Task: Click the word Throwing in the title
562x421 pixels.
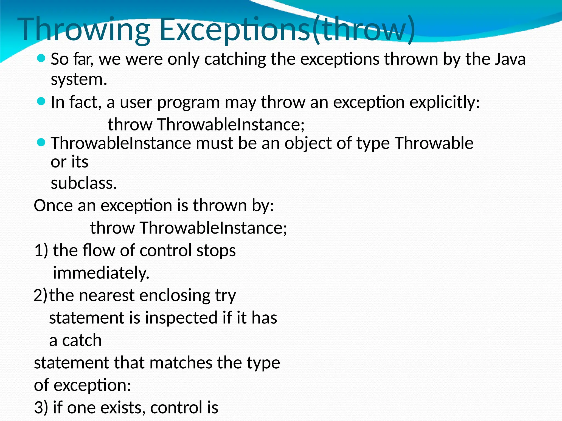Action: [84, 30]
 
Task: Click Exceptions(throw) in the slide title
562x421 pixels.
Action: [287, 30]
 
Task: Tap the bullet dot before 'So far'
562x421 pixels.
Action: [41, 58]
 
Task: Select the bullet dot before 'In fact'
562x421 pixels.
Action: [41, 102]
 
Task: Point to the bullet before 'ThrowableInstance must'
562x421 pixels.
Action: [41, 143]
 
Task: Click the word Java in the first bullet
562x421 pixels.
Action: [510, 59]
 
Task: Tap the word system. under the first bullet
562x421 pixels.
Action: [79, 79]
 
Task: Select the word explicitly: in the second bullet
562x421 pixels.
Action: [445, 103]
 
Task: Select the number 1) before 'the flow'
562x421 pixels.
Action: [41, 251]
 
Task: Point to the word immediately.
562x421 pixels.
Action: [101, 273]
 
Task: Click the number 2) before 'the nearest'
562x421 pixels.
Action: [40, 295]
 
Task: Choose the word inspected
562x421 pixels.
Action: [181, 318]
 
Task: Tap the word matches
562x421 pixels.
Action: [181, 363]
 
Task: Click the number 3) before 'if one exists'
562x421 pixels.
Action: [41, 408]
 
